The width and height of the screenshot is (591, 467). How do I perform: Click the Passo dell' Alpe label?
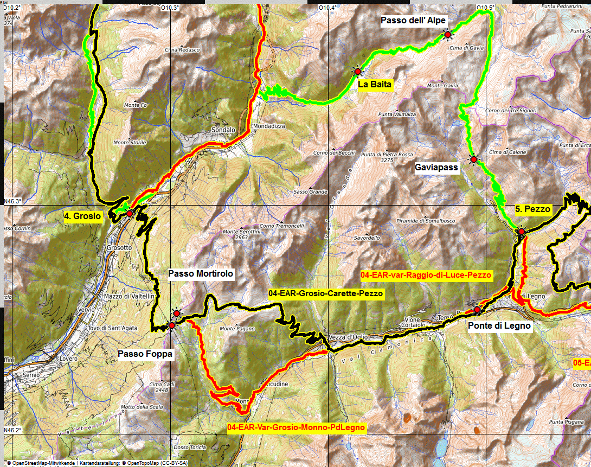tap(413, 21)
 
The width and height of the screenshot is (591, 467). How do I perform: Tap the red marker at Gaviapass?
tap(473, 159)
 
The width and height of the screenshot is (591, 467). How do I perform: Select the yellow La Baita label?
tap(375, 85)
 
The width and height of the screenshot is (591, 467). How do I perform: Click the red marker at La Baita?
tap(357, 71)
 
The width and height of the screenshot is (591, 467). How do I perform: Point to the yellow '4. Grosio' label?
tap(82, 216)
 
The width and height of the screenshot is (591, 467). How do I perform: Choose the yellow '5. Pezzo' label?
tap(532, 209)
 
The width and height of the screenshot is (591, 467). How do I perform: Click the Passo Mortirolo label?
tap(201, 274)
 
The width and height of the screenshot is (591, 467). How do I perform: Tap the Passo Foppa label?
tap(145, 354)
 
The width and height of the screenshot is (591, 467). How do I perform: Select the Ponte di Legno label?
tap(499, 326)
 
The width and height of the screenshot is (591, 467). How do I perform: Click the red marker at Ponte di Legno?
tap(477, 310)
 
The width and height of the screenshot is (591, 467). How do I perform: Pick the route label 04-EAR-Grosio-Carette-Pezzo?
tap(326, 293)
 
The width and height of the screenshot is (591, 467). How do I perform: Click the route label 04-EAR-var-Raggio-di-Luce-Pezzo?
tap(426, 275)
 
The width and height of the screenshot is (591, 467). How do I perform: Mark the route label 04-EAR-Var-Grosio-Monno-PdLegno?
tap(297, 427)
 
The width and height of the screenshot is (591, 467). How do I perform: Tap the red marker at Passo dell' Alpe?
tap(448, 35)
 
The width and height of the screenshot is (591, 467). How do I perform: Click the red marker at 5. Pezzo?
tap(521, 232)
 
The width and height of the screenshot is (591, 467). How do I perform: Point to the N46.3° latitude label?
tap(13, 201)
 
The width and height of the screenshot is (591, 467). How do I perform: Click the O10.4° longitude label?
tap(328, 8)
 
